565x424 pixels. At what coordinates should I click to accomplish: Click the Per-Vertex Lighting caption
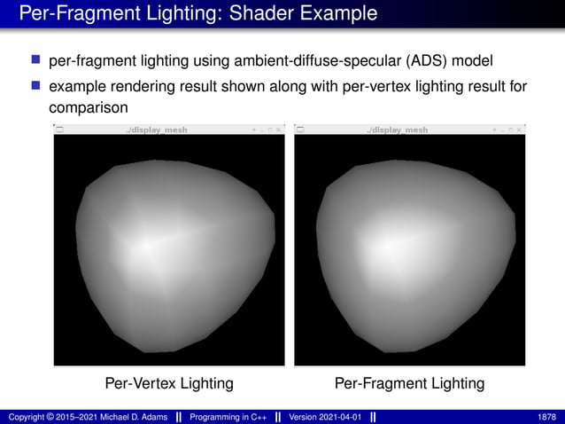[169, 383]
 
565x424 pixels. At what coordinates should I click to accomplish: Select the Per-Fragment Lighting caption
[409, 383]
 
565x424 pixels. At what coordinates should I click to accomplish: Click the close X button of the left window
[279, 130]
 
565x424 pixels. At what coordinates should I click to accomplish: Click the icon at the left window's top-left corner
[59, 130]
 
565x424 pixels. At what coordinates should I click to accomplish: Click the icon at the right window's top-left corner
[299, 130]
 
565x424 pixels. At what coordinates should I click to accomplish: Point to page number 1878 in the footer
[546, 416]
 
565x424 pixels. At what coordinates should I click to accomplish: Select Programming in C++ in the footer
[227, 416]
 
